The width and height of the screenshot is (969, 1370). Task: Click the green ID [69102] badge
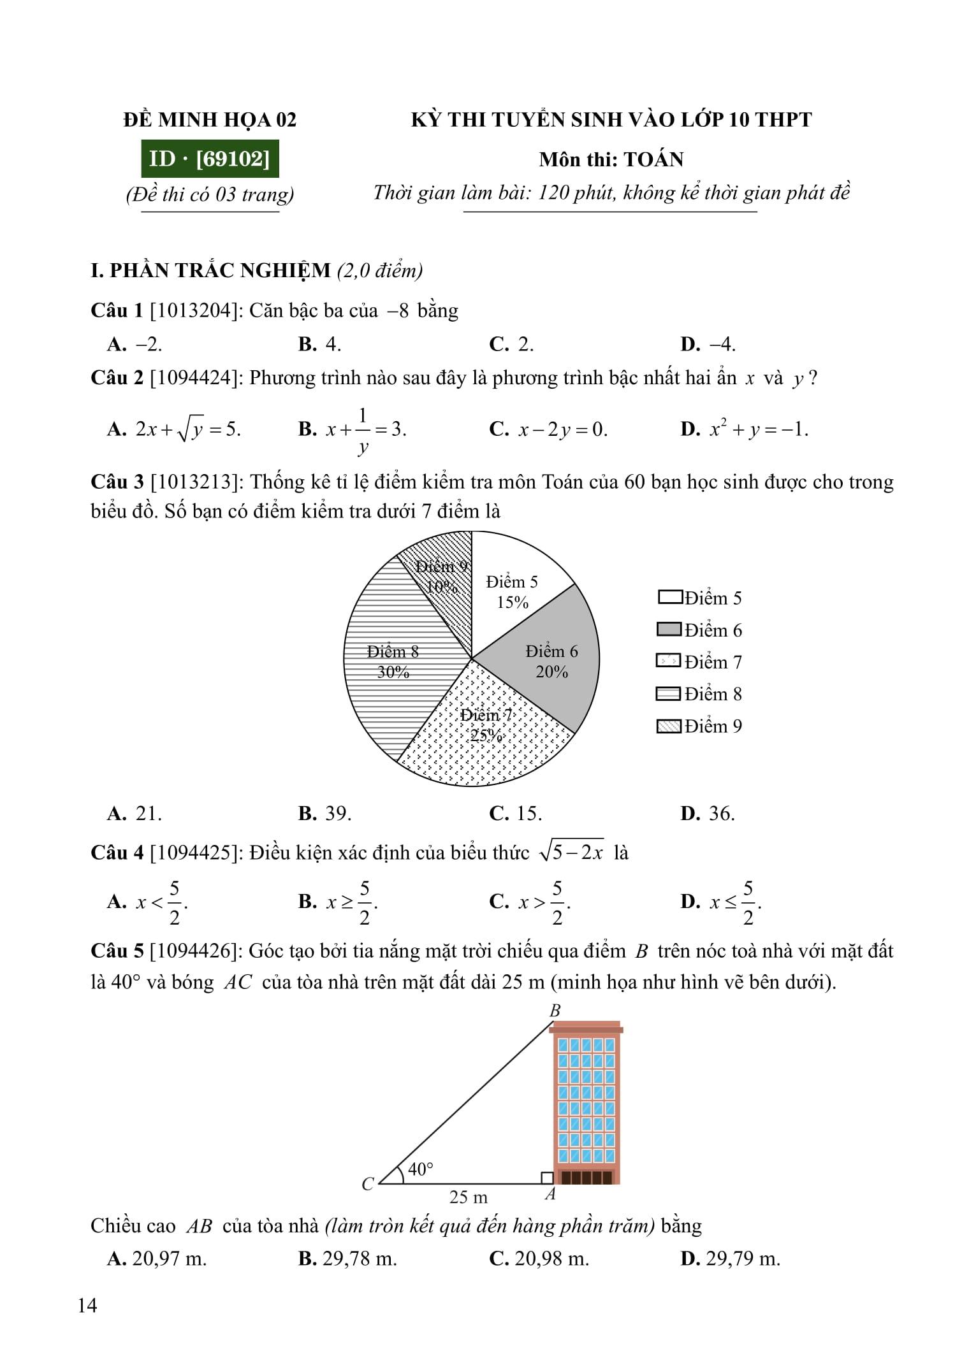pos(210,159)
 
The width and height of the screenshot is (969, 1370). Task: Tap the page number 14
pos(87,1306)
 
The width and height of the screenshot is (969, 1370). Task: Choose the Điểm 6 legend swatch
pos(669,630)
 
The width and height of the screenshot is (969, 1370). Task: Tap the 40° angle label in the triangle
pos(421,1169)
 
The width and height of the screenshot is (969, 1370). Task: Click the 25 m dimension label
pos(468,1197)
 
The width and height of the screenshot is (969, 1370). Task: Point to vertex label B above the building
pos(555,1011)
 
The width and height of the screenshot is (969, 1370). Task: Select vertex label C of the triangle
pos(368,1184)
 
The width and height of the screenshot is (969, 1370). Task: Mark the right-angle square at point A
pos(546,1178)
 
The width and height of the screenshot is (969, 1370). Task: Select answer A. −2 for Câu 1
pos(135,344)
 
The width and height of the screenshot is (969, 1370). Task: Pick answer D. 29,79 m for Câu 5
pos(730,1258)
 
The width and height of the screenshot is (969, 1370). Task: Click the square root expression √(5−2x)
pos(571,852)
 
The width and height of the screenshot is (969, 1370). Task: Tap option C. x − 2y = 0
pos(548,429)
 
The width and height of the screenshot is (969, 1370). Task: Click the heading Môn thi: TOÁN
pos(611,159)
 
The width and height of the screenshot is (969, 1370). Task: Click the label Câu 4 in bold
pos(117,853)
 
